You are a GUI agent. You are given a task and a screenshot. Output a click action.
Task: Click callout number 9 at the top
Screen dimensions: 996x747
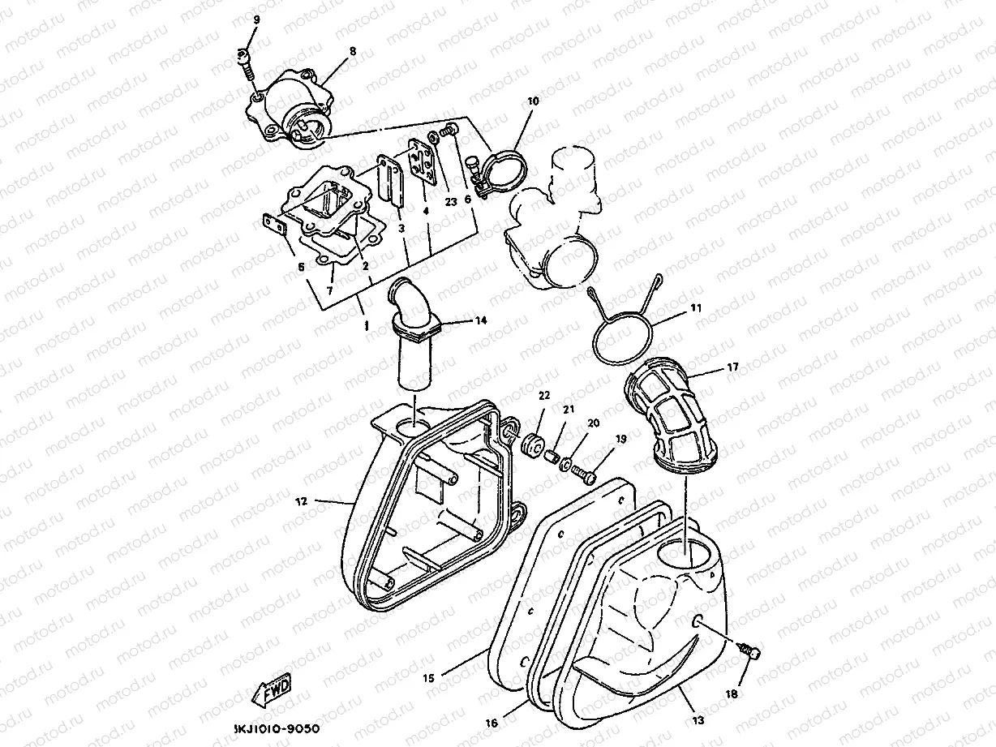pos(256,19)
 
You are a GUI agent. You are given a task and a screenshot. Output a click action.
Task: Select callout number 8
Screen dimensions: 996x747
pos(352,51)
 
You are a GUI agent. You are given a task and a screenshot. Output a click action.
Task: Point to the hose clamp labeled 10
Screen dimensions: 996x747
pos(504,170)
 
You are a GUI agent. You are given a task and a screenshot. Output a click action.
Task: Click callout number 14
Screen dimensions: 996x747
pos(481,320)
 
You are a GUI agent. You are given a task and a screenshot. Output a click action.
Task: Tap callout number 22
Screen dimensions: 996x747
pos(543,395)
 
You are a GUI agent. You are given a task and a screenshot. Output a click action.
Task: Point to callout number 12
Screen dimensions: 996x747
pos(302,501)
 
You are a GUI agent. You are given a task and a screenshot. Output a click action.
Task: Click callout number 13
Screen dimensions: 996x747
pos(698,719)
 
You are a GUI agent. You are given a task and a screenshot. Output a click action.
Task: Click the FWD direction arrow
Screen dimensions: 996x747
pos(272,690)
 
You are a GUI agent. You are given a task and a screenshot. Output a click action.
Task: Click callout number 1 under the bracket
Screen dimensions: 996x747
pos(366,327)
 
